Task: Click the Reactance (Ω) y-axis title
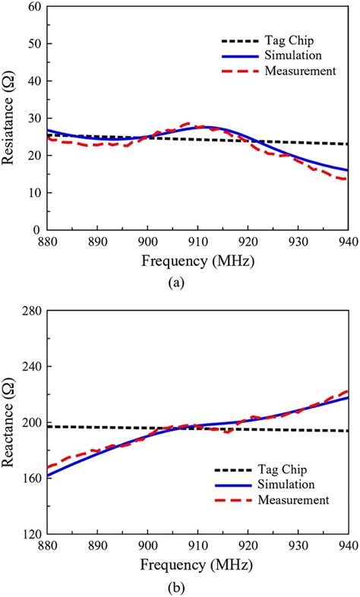pos(11,422)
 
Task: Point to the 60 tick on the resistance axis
pos(33,7)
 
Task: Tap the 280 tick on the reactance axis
pos(30,311)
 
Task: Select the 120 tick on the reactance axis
pos(30,534)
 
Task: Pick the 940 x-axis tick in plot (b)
pos(347,548)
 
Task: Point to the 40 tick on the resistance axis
pos(33,81)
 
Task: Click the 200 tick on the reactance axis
pos(30,422)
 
